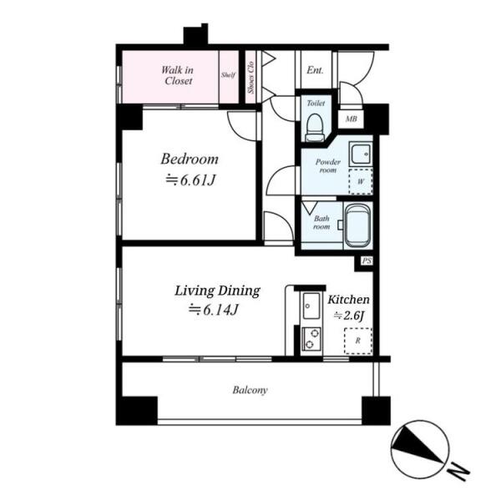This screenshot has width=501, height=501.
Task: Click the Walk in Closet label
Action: (177, 75)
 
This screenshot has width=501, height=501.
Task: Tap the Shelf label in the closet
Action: (229, 75)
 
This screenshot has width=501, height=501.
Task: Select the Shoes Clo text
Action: (250, 78)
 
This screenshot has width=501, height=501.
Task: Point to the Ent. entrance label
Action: (315, 70)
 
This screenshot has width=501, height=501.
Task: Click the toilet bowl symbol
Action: (315, 128)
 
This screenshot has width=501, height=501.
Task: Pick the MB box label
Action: (352, 119)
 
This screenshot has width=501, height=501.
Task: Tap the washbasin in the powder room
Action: (361, 154)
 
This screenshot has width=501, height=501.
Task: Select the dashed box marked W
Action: (361, 181)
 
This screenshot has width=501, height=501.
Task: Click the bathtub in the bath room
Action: (358, 226)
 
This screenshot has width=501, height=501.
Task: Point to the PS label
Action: (367, 261)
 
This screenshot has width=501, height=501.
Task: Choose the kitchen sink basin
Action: (311, 306)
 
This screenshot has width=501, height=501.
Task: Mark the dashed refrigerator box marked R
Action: (358, 341)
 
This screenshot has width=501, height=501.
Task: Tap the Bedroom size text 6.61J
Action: (190, 181)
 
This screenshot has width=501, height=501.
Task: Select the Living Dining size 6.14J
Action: (213, 310)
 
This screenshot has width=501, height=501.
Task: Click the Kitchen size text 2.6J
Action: (349, 316)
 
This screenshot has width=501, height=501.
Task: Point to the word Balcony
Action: (250, 390)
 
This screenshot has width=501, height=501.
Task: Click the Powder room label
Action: (328, 166)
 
